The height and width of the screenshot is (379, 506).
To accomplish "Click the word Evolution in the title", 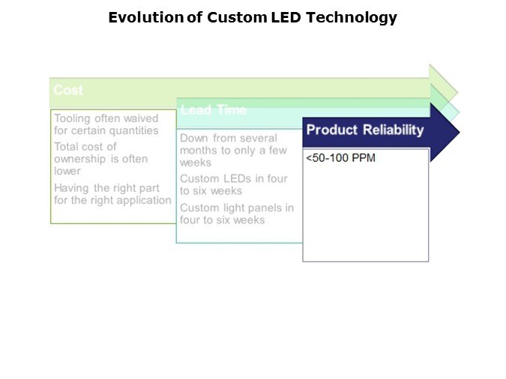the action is [146, 17].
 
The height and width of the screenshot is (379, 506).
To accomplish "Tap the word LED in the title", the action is [286, 17].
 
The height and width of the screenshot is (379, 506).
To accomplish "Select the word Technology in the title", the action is [352, 18].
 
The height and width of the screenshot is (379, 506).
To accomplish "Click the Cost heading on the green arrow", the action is [68, 90].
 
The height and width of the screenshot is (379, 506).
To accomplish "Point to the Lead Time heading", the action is [214, 110].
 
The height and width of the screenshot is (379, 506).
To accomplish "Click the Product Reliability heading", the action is [365, 130].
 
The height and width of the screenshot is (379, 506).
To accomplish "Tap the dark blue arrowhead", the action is [445, 133].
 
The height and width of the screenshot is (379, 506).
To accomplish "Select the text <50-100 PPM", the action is [340, 158].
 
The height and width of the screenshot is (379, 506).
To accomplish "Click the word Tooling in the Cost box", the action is [72, 118].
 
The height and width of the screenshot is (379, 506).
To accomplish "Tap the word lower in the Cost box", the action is [67, 171].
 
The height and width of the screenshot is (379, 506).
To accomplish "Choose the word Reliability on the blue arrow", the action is [394, 130].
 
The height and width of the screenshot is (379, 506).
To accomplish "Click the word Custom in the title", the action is [237, 17].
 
